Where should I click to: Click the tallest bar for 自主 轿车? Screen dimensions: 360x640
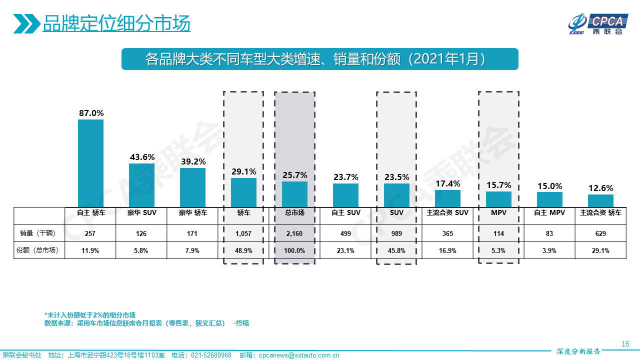[90, 163]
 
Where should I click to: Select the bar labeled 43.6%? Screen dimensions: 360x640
[141, 185]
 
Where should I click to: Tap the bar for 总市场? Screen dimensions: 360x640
[294, 194]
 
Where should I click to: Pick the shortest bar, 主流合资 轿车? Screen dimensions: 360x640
[600, 200]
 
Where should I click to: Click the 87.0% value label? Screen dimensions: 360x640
[91, 113]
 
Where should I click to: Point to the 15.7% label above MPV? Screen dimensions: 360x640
[498, 185]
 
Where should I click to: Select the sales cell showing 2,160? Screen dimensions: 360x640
[294, 233]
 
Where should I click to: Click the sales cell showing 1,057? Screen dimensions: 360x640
[243, 233]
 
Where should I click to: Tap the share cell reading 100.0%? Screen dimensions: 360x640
[294, 250]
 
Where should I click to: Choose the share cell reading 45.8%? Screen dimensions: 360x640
[396, 250]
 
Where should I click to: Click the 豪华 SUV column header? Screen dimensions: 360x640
[141, 212]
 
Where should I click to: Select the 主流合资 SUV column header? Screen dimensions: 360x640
[447, 212]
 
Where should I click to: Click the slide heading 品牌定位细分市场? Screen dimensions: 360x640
[116, 23]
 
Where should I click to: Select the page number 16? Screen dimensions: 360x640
[625, 344]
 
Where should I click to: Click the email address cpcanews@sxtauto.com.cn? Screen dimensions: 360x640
[299, 355]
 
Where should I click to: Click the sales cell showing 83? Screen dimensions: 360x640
[549, 233]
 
